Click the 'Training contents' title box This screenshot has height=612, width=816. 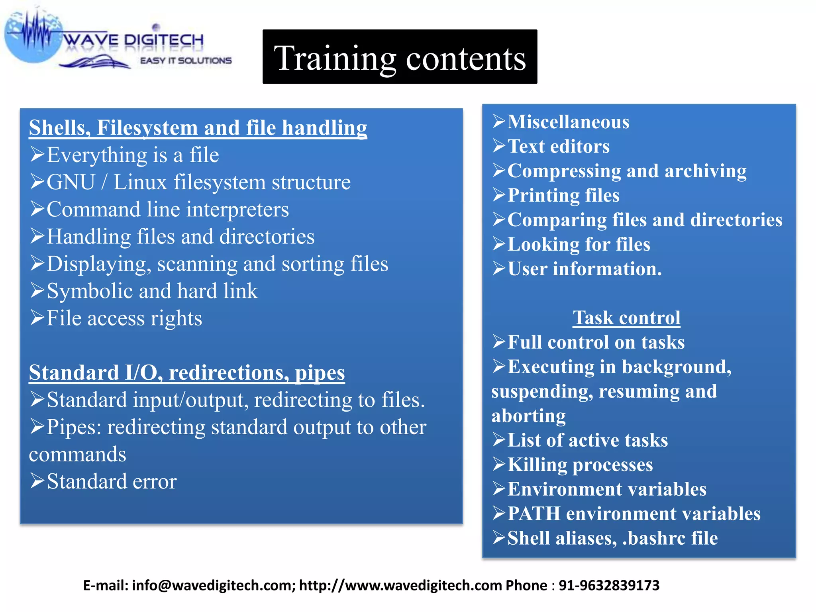click(x=400, y=57)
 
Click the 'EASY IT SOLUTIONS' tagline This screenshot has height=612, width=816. click(x=186, y=61)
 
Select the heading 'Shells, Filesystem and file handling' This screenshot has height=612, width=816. click(x=198, y=128)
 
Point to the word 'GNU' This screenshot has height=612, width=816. click(x=71, y=182)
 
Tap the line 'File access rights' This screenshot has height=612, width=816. click(x=124, y=318)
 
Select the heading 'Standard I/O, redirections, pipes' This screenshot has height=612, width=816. click(x=187, y=373)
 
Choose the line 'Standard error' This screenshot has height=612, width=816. click(x=112, y=482)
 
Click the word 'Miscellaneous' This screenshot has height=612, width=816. click(x=568, y=122)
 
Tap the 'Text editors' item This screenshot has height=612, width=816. click(x=558, y=147)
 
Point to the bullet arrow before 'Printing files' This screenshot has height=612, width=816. click(x=499, y=195)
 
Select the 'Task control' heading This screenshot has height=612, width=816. click(x=626, y=318)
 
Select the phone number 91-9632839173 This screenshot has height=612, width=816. click(x=609, y=585)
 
